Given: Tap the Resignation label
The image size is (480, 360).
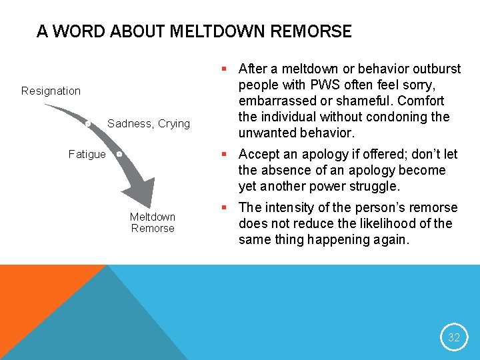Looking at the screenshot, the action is [x=51, y=91].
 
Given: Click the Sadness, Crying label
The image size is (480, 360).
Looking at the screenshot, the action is [x=149, y=123].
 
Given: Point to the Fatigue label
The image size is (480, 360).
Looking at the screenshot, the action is [x=87, y=155].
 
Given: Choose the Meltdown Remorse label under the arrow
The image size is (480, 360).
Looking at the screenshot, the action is [x=153, y=223].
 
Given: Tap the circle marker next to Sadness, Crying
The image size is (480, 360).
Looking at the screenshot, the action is [x=88, y=123].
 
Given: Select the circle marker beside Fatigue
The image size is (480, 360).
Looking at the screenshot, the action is [x=119, y=154].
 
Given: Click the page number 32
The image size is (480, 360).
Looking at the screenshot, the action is [x=454, y=337].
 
